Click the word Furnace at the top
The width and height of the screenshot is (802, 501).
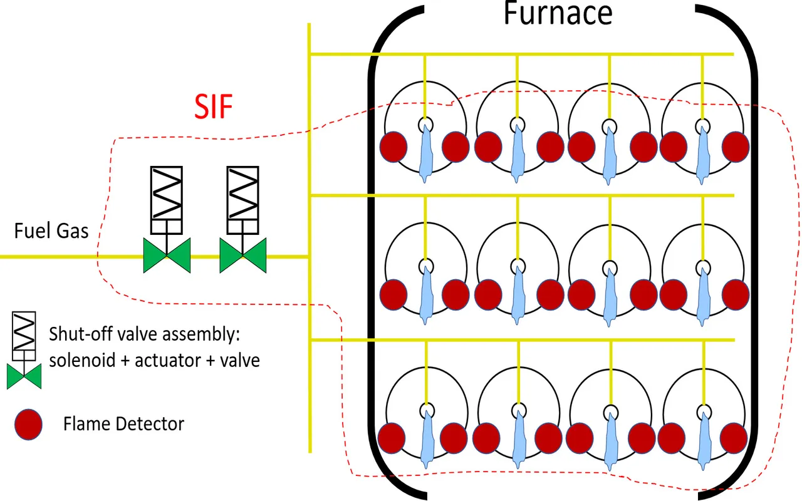[x=558, y=14]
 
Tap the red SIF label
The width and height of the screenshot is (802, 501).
[x=212, y=108]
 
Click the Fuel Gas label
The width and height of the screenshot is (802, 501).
[x=51, y=231]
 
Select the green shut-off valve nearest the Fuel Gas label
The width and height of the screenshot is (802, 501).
[x=167, y=256]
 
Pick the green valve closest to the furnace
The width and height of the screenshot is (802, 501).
[x=243, y=256]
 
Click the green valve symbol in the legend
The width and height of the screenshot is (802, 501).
[x=24, y=376]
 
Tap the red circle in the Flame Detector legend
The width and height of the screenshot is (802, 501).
[x=28, y=425]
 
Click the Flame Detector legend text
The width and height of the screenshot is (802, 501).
[x=123, y=424]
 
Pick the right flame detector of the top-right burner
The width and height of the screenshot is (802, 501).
[x=736, y=147]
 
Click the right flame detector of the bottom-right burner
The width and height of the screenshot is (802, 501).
[x=736, y=436]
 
